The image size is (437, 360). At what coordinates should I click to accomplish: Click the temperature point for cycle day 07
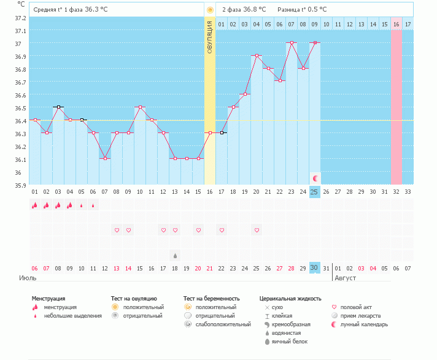click(105, 158)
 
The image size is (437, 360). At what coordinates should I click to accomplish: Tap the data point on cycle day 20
click(257, 55)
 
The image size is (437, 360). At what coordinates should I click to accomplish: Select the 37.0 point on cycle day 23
click(292, 42)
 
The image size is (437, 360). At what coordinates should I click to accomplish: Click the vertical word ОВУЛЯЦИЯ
click(210, 37)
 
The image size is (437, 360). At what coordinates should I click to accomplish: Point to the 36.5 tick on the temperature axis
click(20, 108)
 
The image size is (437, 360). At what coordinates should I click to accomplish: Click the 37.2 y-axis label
click(20, 18)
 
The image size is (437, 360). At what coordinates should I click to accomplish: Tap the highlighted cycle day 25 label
click(314, 192)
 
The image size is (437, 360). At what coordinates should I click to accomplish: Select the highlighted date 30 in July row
click(314, 268)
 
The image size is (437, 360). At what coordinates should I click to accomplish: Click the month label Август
click(346, 278)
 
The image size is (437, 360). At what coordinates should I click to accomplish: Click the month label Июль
click(28, 278)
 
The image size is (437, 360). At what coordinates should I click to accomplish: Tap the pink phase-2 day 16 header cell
click(396, 24)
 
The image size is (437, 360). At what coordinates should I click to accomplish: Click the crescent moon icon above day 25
click(315, 178)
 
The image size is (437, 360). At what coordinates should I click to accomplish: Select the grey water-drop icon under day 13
click(175, 256)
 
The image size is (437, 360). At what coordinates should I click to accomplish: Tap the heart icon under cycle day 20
click(257, 230)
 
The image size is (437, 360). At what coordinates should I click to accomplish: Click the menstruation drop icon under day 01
click(34, 205)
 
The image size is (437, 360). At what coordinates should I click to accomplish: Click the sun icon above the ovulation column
click(210, 10)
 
